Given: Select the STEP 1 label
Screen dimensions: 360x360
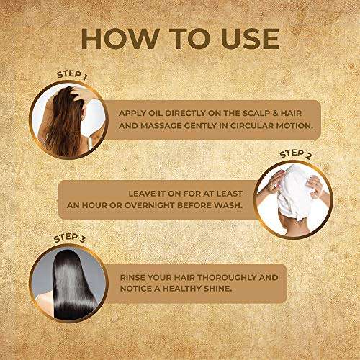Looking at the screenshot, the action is [72, 74].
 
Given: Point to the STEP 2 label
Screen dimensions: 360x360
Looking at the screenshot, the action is [295, 154].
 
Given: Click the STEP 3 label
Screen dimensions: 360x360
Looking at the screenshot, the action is [69, 238].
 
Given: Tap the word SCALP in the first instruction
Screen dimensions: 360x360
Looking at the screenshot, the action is [256, 113].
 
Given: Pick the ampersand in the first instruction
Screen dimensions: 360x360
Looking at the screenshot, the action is [275, 113].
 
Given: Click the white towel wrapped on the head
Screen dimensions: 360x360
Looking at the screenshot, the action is [293, 193].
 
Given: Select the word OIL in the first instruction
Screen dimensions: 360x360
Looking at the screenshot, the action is [156, 113].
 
